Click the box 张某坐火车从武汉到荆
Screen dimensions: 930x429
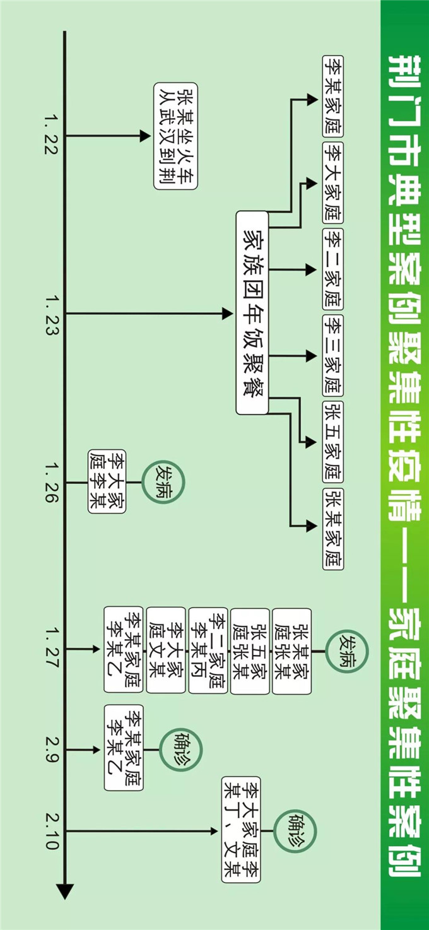coord(175,135)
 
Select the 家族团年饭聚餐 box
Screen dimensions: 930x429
coord(252,313)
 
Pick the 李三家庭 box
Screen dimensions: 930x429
coord(332,355)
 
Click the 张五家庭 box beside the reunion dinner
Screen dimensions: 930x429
coord(332,442)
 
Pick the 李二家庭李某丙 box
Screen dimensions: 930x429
coord(208,650)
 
